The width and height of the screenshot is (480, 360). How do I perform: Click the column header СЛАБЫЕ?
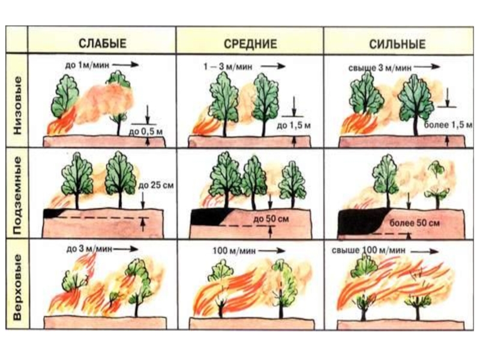coord(103,43)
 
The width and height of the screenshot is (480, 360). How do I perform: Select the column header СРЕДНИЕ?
coord(250,44)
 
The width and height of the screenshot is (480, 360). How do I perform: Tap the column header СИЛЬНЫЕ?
coord(397,44)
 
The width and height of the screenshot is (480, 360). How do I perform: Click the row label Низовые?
coord(18,106)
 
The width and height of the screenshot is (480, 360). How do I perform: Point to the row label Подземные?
coord(18,196)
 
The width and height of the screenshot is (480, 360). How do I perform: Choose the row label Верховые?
coord(18,287)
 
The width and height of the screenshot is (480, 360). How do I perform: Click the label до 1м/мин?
coord(87,65)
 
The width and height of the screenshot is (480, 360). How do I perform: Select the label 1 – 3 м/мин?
coord(229,67)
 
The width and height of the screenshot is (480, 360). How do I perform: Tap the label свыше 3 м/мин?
coord(380,68)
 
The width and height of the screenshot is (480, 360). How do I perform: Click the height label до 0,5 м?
coord(145,132)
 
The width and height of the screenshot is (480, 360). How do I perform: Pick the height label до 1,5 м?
coord(293,125)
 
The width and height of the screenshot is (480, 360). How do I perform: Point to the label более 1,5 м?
coord(448,125)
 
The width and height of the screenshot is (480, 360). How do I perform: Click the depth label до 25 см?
coord(156,185)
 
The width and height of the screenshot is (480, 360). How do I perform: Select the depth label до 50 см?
coord(271,219)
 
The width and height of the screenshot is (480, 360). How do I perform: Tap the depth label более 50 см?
coord(415,223)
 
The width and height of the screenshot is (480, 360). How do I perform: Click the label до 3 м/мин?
coord(89,249)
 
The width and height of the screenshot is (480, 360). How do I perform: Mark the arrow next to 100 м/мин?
coord(272,251)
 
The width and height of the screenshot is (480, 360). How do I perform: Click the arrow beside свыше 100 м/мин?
coord(425,251)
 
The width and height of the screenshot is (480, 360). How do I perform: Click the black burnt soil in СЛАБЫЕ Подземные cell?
coord(52,213)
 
